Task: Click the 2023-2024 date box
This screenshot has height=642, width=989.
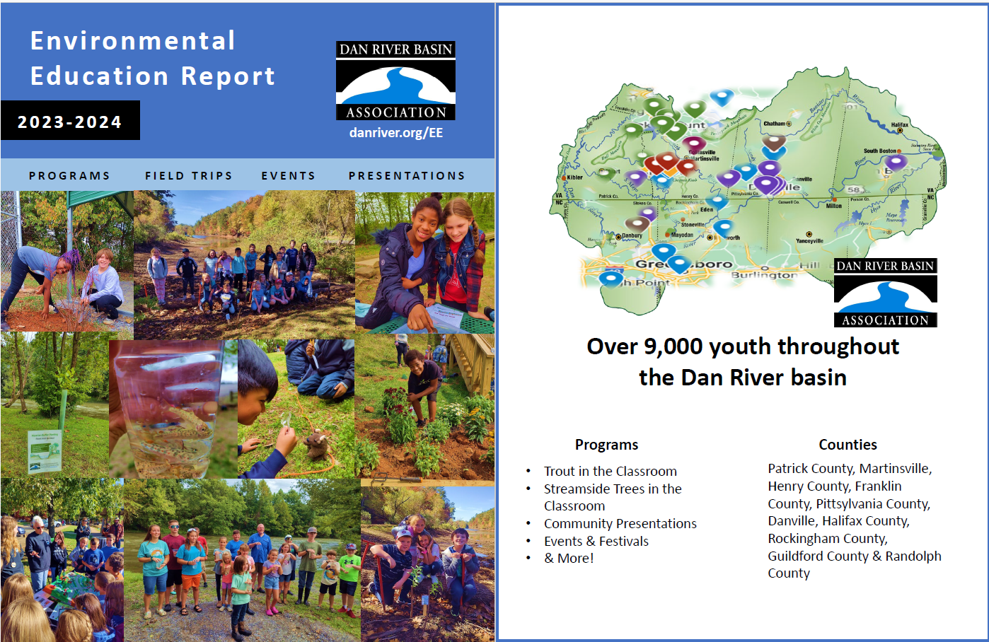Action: pos(70,121)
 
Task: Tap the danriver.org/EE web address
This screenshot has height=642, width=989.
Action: pos(395,133)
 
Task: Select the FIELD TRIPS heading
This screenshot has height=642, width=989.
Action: pos(189,176)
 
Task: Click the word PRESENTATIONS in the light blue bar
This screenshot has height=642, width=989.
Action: pos(407,176)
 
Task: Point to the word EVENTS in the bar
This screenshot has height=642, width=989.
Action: pos(288,176)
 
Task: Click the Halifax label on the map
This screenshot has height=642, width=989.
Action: pos(899,125)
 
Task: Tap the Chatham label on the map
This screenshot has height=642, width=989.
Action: pos(775,124)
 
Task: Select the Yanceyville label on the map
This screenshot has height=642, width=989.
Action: pos(809,240)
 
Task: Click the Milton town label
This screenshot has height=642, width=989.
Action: pos(834,206)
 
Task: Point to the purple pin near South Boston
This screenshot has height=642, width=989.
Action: pos(896,161)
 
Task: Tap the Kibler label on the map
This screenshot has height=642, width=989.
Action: pos(574,177)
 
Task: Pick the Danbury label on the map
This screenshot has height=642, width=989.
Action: pos(632,235)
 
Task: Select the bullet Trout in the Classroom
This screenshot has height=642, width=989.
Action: pos(610,472)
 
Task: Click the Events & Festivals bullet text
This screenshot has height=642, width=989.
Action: pos(596,542)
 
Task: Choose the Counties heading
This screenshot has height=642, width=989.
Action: pos(848,445)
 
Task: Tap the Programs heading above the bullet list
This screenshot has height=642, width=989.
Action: pos(606,445)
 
